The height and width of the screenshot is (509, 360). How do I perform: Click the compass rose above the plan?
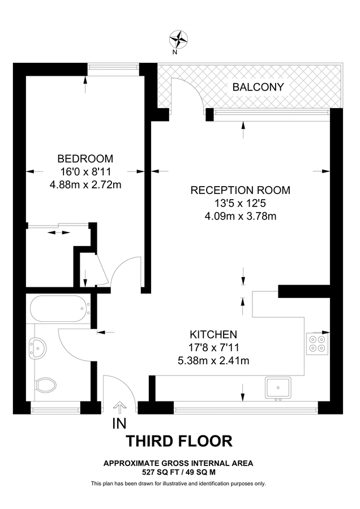click(x=178, y=40)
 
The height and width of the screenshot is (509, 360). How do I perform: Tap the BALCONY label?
click(x=258, y=87)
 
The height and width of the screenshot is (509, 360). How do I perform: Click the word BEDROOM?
click(x=85, y=159)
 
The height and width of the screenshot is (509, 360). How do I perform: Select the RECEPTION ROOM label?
click(x=241, y=190)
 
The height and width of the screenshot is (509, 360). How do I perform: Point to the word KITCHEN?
click(x=213, y=334)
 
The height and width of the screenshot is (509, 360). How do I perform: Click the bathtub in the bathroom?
click(x=60, y=308)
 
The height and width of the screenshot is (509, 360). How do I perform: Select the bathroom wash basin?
click(x=38, y=348)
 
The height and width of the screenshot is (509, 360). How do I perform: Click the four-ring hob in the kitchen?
click(x=317, y=344)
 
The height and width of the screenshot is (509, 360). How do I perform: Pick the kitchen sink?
click(x=278, y=388)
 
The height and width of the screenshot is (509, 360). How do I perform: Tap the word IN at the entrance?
click(x=119, y=424)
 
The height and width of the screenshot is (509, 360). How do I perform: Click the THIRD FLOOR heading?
click(x=179, y=442)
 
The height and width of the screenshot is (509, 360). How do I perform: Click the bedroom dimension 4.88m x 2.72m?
click(x=85, y=185)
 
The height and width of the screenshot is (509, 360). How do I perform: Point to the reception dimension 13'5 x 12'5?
click(x=241, y=203)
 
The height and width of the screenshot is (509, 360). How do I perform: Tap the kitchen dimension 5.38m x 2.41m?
click(x=213, y=361)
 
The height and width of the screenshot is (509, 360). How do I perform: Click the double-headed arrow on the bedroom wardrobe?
click(x=59, y=232)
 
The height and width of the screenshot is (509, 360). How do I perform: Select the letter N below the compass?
click(x=175, y=53)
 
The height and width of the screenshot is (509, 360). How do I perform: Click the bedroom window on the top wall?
click(x=113, y=67)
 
